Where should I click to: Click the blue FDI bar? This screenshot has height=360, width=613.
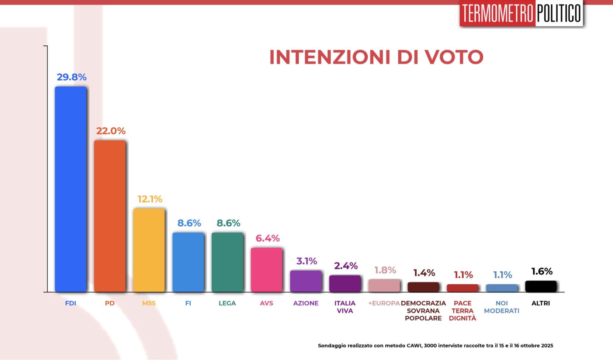pos(70,189)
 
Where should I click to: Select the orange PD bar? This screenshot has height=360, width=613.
pos(110,216)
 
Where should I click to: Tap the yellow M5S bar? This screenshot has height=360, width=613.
pos(149,250)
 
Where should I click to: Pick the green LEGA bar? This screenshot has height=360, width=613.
pos(227,262)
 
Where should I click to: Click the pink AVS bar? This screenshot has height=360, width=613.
pos(266,269)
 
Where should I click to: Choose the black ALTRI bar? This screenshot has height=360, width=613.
pos(541,286)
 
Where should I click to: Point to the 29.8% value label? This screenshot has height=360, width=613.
pos(72,77)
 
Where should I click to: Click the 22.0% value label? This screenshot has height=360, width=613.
pos(111,131)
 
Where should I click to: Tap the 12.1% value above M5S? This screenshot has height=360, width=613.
pos(150,199)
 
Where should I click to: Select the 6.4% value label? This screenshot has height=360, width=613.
pos(267,238)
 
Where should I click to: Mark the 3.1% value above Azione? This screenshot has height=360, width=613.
pos(306,261)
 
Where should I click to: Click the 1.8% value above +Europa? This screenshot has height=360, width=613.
pos(385,270)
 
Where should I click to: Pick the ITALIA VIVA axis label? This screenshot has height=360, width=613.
pos(345,307)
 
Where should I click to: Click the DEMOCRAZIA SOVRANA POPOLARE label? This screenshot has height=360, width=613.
pos(423,311)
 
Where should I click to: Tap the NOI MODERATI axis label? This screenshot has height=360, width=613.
pos(502,307)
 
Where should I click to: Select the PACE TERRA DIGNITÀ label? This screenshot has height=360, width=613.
pos(463,311)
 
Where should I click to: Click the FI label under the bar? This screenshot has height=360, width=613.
pos(188,303)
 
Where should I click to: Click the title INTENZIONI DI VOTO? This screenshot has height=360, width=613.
pos(376,57)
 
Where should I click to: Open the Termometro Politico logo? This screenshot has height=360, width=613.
pos(521,13)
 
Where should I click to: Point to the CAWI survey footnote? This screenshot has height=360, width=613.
pos(435,346)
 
